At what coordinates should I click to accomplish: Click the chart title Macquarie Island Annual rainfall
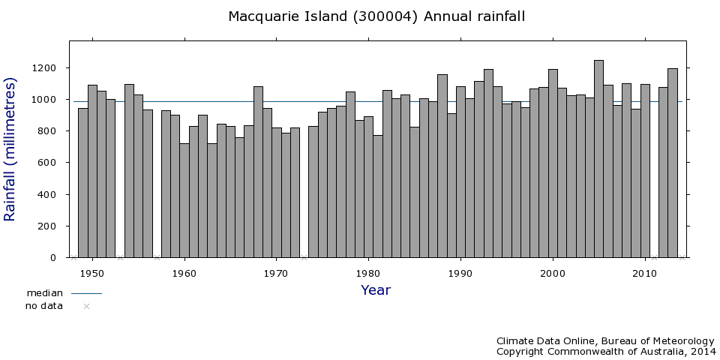[376, 16]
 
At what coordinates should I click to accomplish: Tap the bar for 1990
[460, 172]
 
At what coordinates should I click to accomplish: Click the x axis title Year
[376, 290]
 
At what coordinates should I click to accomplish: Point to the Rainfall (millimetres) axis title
[10, 148]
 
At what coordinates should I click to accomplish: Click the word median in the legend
[44, 293]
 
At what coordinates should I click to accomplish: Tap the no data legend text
[44, 306]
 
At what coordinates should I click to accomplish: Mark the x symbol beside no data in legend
[86, 306]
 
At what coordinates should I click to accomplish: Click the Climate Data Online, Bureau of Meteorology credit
[605, 340]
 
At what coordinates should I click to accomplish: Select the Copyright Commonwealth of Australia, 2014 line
[605, 351]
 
